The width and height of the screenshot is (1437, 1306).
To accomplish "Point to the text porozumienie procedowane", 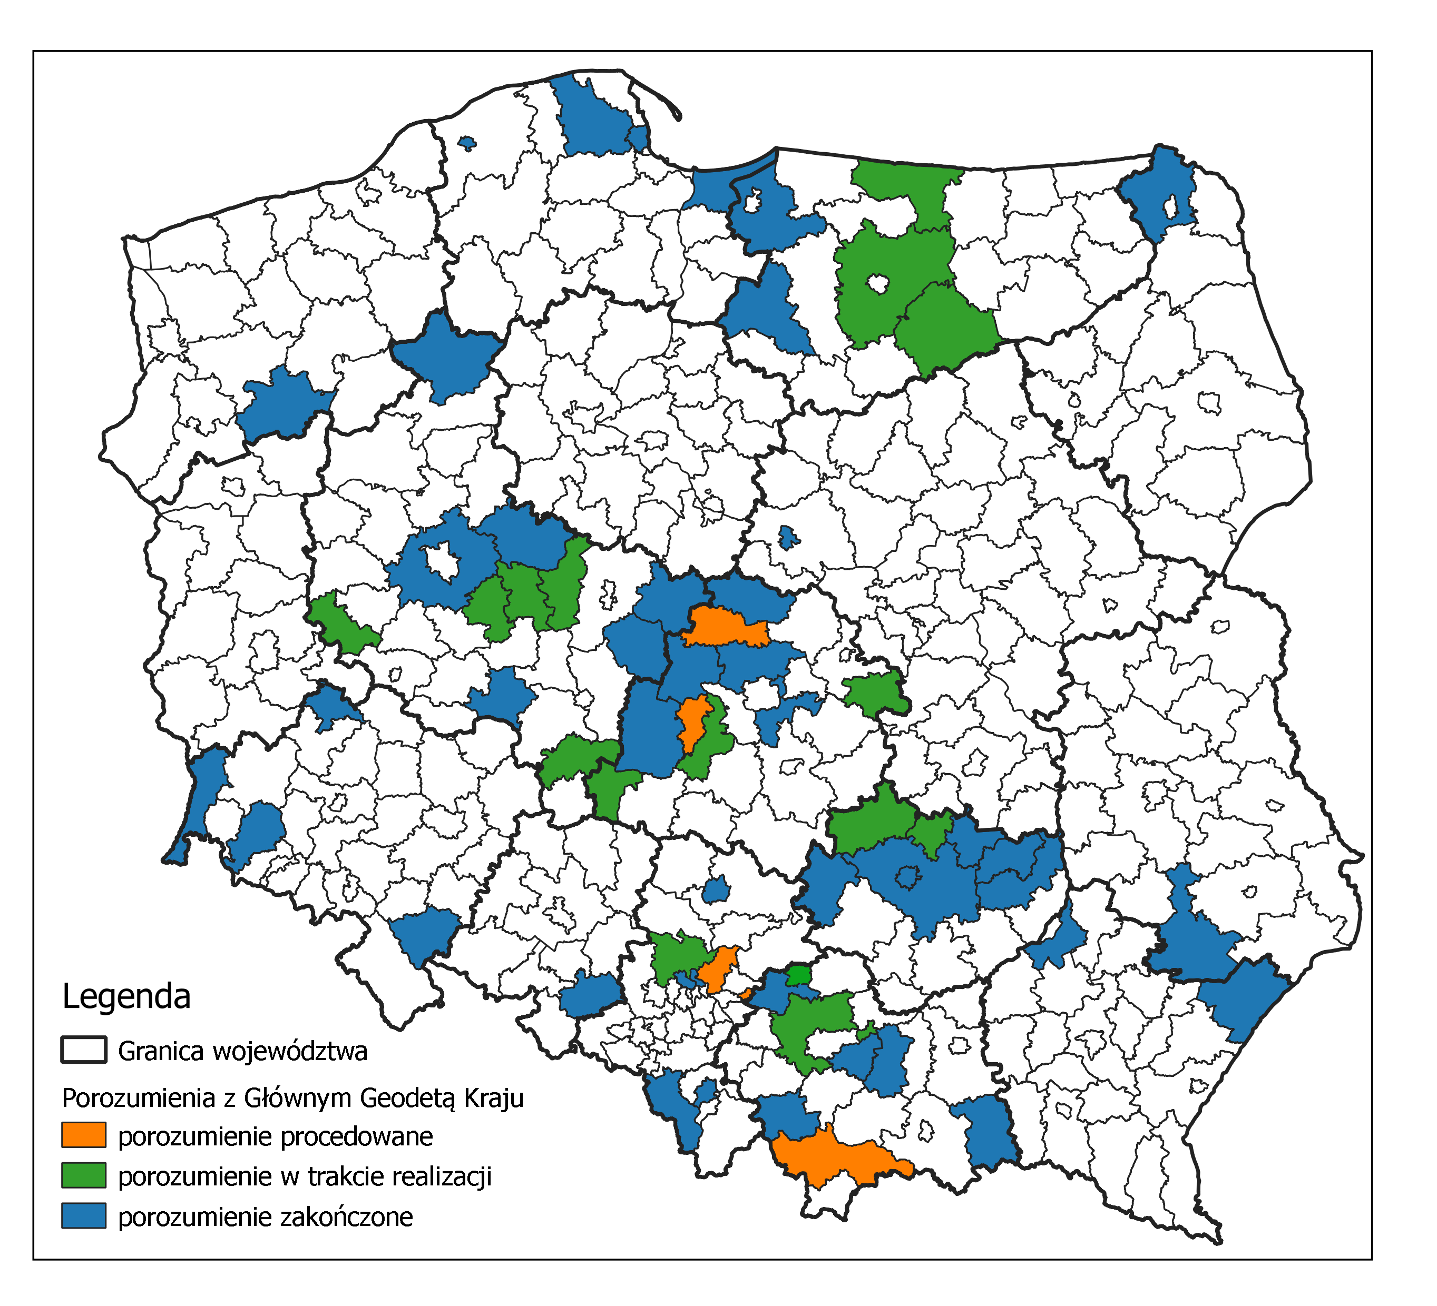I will pyautogui.click(x=275, y=1136).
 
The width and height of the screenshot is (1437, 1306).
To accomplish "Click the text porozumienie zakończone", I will pyautogui.click(x=265, y=1217).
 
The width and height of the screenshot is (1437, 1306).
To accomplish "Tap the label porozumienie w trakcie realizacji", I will pyautogui.click(x=305, y=1177).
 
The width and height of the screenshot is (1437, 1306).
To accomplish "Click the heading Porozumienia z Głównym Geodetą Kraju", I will pyautogui.click(x=292, y=1098).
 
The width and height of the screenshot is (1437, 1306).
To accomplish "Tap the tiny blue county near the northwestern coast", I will pyautogui.click(x=467, y=143).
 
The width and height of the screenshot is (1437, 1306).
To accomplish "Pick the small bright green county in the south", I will pyautogui.click(x=798, y=973).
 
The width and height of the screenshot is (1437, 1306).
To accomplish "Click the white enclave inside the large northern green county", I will pyautogui.click(x=877, y=284).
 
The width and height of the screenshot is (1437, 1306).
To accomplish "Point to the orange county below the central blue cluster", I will pyautogui.click(x=692, y=723).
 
